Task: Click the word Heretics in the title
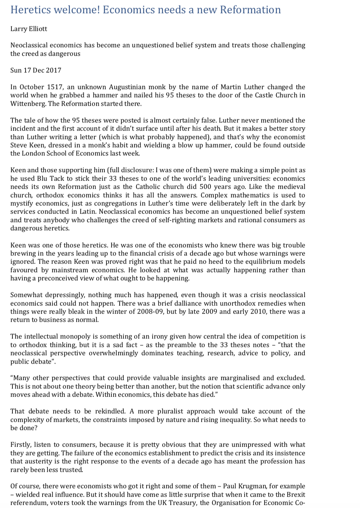pos(30,10)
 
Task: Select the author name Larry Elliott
pos(29,29)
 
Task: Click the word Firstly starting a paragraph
pos(21,444)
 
